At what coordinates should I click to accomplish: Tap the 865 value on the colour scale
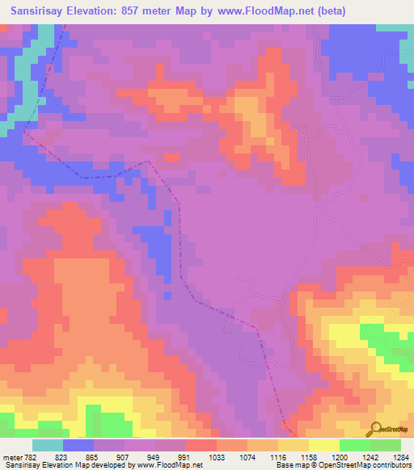coord(94,456)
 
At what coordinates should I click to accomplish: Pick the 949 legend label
coord(155,456)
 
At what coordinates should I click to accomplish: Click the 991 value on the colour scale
coord(186,456)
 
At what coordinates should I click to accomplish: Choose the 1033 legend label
coord(217,456)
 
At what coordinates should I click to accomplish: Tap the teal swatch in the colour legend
coord(48,445)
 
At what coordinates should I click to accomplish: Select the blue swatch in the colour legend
coord(78,445)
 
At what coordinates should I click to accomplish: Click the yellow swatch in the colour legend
coord(324,445)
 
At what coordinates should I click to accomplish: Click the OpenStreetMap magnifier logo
coord(375,430)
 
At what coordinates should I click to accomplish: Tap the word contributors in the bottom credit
coord(392,466)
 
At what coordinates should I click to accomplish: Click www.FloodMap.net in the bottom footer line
coord(168,466)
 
